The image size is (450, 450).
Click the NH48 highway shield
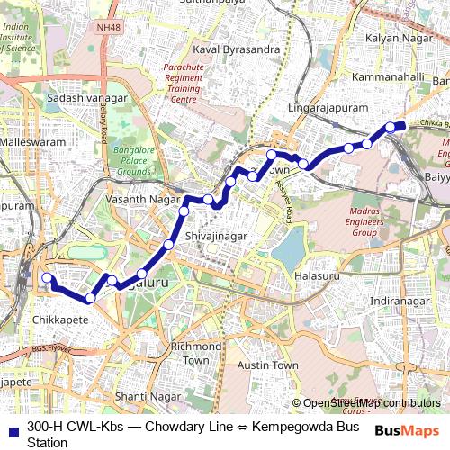click(x=105, y=28)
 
